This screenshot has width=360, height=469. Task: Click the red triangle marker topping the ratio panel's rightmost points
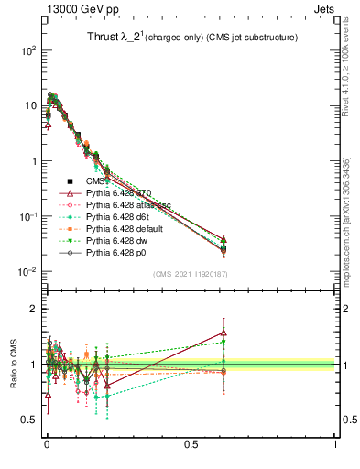point(224,333)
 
